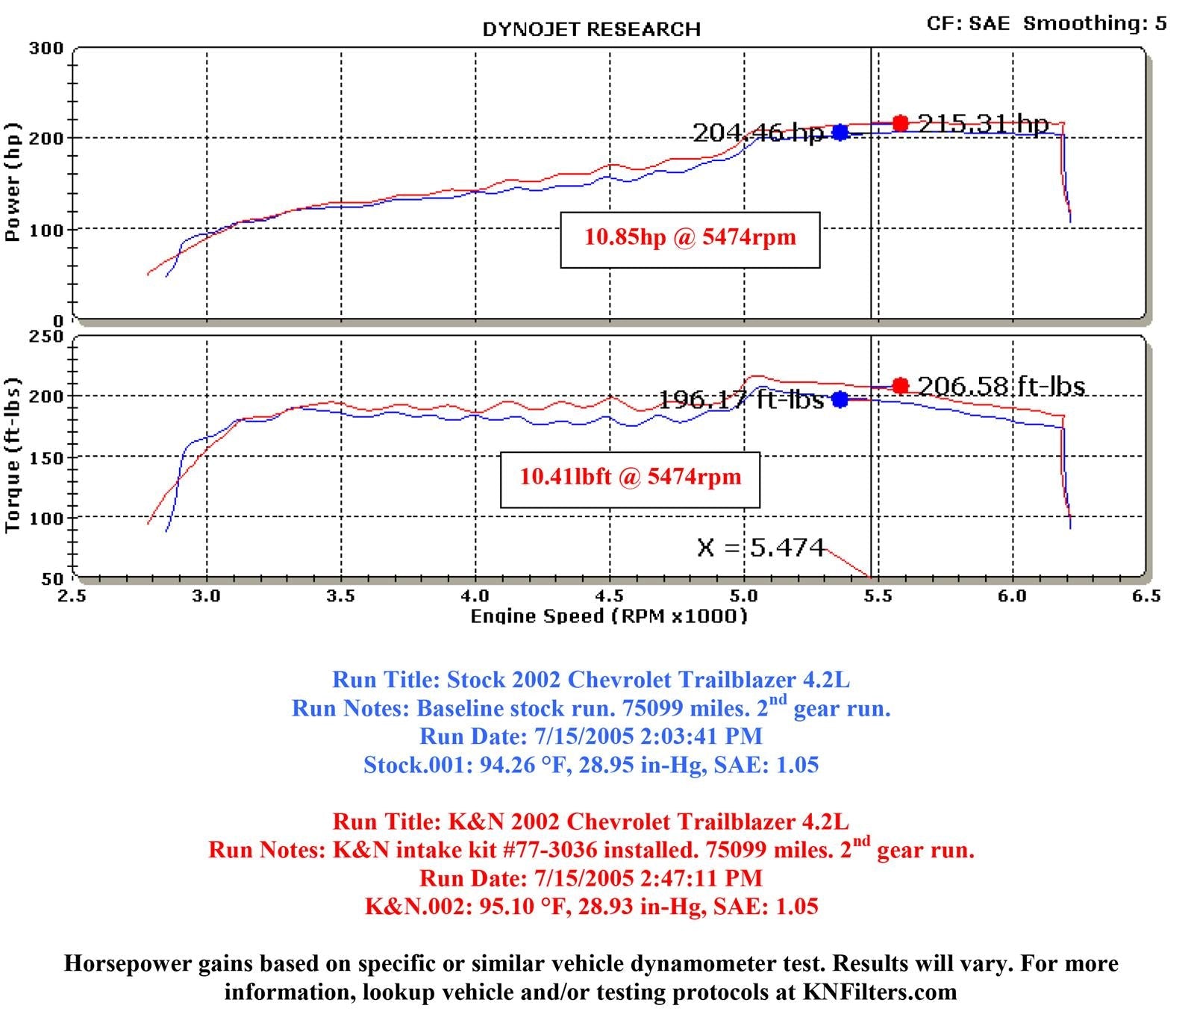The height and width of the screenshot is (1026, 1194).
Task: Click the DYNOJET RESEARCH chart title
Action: (x=591, y=29)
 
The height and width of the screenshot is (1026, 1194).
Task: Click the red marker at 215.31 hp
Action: (x=901, y=123)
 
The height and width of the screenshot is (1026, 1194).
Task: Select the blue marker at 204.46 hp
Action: (x=840, y=132)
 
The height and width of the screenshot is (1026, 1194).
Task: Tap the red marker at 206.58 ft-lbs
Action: (x=901, y=386)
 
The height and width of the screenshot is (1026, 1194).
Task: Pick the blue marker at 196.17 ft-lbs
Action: (x=840, y=399)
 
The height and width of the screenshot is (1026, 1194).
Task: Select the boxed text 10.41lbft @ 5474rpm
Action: (x=630, y=478)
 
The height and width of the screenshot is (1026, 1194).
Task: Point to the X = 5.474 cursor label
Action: (x=760, y=548)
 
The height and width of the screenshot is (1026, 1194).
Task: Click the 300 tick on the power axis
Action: (x=46, y=49)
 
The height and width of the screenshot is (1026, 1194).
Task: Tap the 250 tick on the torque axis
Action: (x=46, y=337)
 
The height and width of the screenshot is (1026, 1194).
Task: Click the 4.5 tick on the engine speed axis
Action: (x=610, y=595)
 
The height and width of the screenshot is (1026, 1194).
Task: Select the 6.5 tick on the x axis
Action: (x=1146, y=595)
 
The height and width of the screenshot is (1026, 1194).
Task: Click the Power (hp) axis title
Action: (x=12, y=183)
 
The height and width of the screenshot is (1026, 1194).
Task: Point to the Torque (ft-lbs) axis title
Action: (x=12, y=455)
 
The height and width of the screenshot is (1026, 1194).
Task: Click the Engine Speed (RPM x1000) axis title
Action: (x=608, y=616)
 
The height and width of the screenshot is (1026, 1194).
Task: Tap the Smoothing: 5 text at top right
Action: (x=1095, y=23)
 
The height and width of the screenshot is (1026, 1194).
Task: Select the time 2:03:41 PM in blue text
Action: (x=701, y=736)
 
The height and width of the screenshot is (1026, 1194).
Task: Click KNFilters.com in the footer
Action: (x=879, y=992)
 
